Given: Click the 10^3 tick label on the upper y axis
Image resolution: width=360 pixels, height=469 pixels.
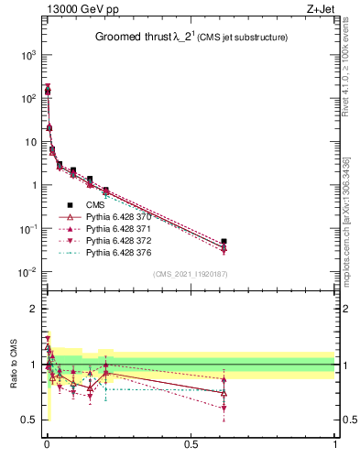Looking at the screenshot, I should point(27,55).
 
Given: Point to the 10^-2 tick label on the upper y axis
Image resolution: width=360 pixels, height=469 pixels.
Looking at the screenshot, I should point(27,272).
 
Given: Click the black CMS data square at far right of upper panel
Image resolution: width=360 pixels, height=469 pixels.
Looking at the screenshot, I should point(224,242).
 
